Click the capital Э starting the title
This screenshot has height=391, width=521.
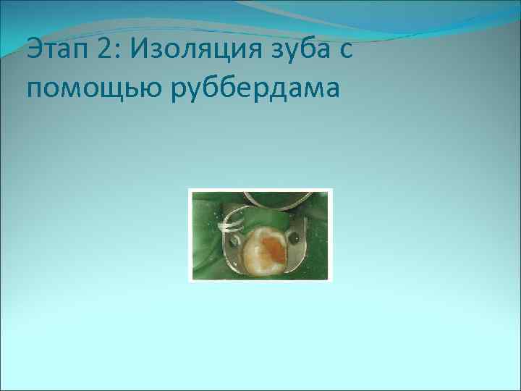(x=33, y=52)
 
